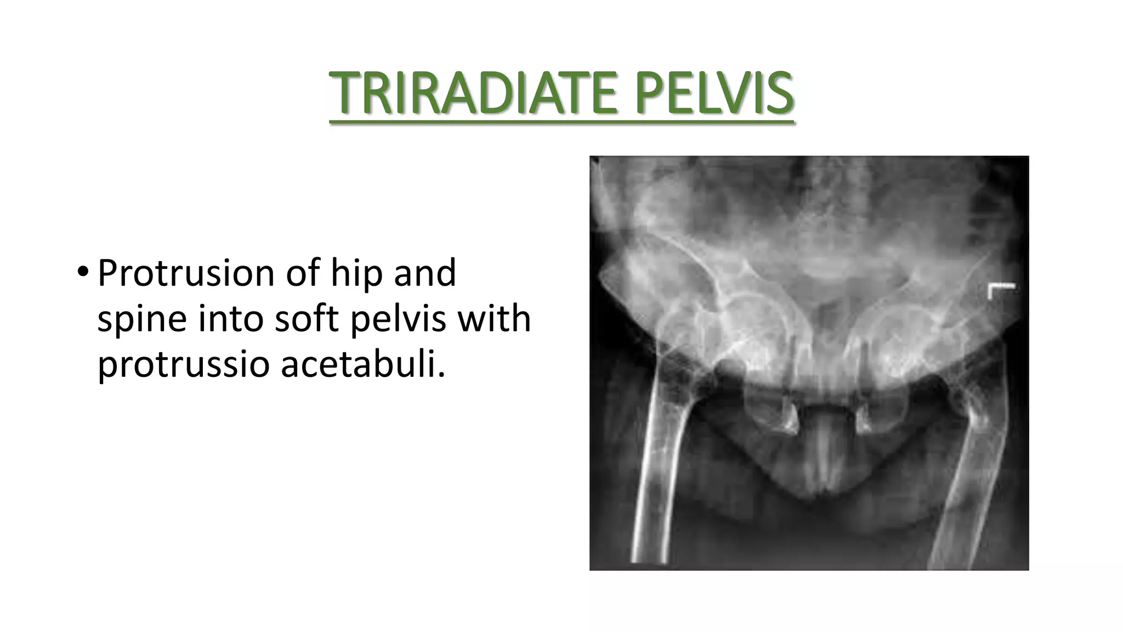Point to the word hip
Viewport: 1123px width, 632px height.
(354, 273)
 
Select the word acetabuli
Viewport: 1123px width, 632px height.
(362, 364)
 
